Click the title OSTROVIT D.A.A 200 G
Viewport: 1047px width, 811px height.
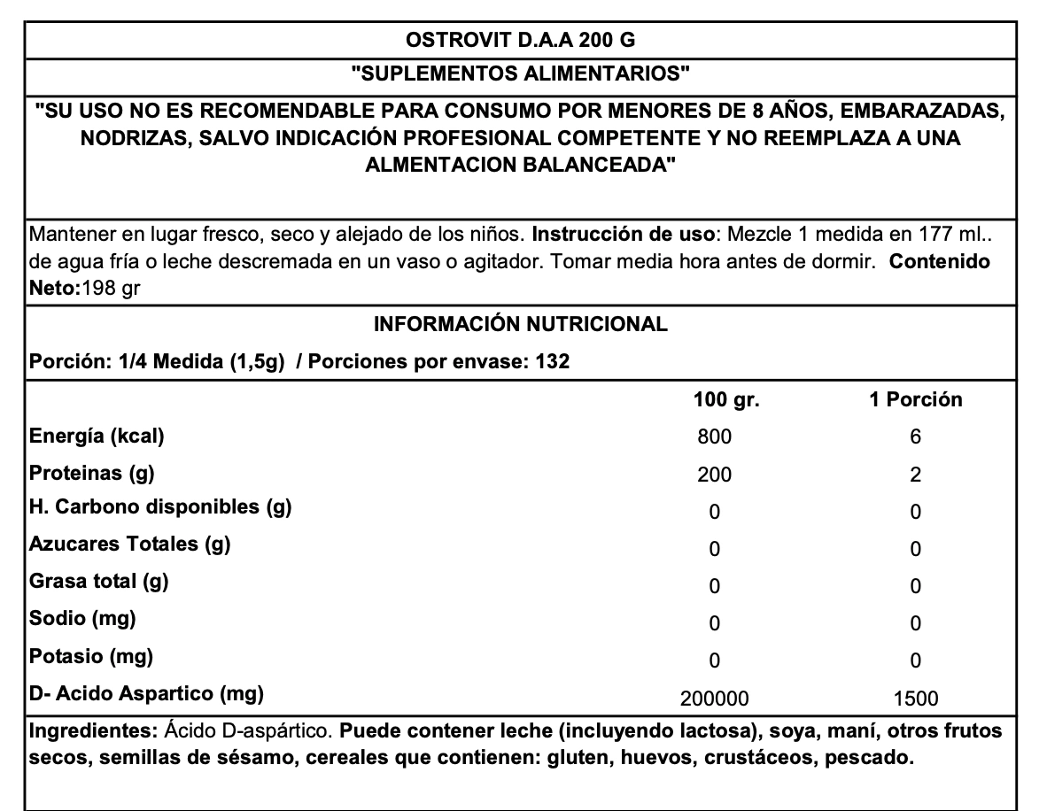coord(521,40)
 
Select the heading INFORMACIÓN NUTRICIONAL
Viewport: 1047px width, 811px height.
coord(521,324)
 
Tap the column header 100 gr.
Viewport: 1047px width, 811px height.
coord(726,399)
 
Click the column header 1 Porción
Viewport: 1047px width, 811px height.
coord(915,399)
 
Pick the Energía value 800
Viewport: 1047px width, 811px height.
coord(715,436)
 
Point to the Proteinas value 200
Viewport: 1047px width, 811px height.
coord(715,475)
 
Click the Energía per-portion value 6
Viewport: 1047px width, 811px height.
coord(916,436)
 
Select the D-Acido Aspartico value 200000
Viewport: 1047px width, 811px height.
coord(715,699)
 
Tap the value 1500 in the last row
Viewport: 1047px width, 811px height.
coord(916,699)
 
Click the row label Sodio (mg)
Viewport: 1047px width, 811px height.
coord(82,619)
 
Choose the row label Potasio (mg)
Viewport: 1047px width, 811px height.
coord(91,657)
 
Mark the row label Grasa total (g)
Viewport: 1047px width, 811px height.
coord(99,582)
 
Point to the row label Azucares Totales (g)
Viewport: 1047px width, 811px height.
coord(130,544)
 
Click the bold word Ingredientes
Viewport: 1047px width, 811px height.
coord(94,732)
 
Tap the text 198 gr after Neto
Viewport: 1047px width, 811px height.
coord(111,289)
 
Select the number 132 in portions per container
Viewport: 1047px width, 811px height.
coord(551,361)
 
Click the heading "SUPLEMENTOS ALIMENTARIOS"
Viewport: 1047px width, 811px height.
coord(521,73)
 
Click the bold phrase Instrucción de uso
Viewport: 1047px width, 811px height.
coord(624,236)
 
